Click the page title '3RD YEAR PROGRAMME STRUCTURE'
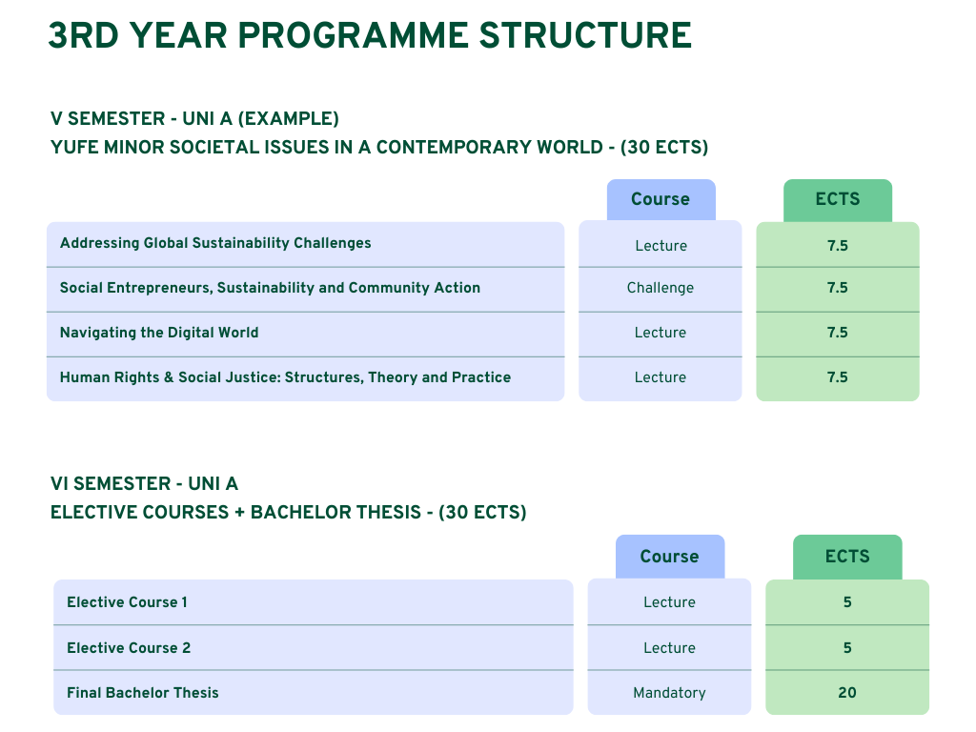click(370, 35)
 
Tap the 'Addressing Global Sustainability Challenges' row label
click(215, 243)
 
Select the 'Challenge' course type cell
click(661, 288)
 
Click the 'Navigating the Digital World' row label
click(159, 333)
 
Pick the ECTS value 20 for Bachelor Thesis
click(847, 693)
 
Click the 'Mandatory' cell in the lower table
click(669, 693)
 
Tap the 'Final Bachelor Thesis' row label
click(143, 693)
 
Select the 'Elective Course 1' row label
click(127, 602)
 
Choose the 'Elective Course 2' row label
click(129, 648)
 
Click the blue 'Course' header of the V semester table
click(661, 200)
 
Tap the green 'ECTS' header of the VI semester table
click(847, 557)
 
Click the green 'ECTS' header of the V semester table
click(838, 200)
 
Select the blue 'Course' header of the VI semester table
click(670, 557)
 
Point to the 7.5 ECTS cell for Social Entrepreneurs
click(838, 288)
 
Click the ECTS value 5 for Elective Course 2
click(847, 648)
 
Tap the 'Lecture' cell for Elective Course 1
click(669, 602)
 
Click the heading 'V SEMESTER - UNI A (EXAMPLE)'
click(194, 119)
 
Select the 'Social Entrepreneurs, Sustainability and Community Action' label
click(270, 288)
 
